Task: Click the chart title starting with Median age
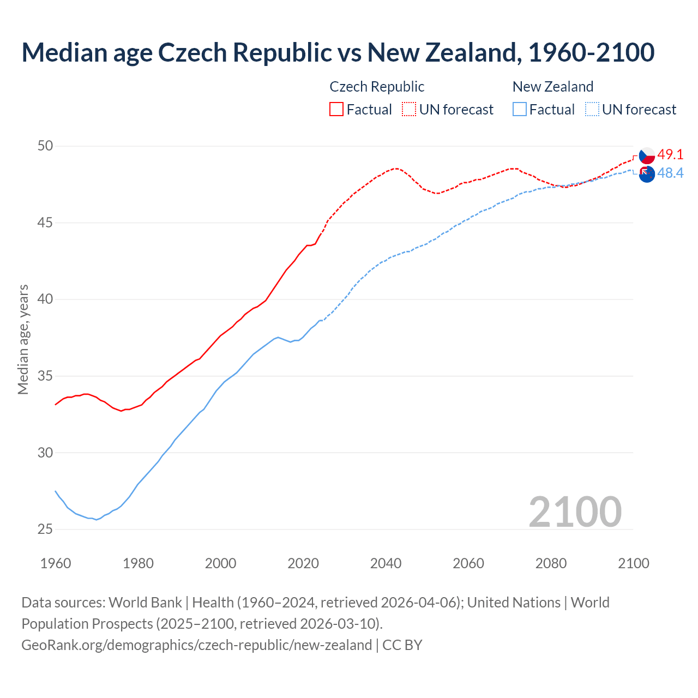click(x=338, y=52)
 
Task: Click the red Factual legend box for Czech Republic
click(x=336, y=109)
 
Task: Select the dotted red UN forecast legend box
click(x=409, y=109)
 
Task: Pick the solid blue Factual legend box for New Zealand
click(x=520, y=109)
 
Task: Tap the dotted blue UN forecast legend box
click(x=592, y=109)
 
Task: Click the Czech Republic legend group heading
click(x=377, y=87)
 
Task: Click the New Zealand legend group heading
click(x=552, y=87)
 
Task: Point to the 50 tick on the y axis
click(x=45, y=146)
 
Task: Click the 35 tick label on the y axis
click(x=45, y=376)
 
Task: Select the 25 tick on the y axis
click(x=45, y=529)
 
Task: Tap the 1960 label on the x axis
click(x=56, y=563)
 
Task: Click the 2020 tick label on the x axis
click(x=303, y=563)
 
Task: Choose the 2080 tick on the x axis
click(x=551, y=563)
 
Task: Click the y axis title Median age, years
click(x=23, y=339)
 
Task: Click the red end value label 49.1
click(x=670, y=155)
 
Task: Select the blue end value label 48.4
click(x=670, y=173)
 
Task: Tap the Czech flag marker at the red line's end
click(x=647, y=155)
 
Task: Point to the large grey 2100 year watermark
click(x=575, y=512)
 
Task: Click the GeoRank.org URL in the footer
click(x=196, y=645)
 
